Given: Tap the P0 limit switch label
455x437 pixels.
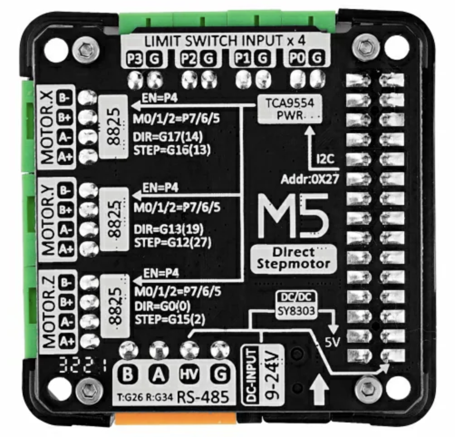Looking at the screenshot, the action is [297, 58].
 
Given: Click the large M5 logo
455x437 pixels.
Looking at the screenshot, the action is [293, 216].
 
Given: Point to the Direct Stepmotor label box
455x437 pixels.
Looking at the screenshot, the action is [293, 258].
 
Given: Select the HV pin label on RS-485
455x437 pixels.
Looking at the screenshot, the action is [189, 374].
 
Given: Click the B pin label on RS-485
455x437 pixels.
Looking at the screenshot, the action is [128, 374].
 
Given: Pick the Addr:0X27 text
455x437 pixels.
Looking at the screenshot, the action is [310, 180].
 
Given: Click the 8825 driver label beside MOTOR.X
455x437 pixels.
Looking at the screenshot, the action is [114, 126].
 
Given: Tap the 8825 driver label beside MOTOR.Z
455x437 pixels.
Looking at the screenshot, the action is [115, 306].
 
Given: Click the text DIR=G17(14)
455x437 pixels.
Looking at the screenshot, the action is [168, 136].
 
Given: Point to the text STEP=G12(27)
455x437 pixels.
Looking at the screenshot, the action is [173, 242].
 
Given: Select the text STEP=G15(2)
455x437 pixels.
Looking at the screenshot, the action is [170, 320].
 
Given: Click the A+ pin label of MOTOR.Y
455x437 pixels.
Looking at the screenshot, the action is [66, 249].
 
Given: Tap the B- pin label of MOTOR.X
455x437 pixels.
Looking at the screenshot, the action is [64, 98].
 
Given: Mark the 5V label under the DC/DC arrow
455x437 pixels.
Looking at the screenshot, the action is [332, 343].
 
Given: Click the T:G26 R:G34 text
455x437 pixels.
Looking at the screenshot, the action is [145, 397].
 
